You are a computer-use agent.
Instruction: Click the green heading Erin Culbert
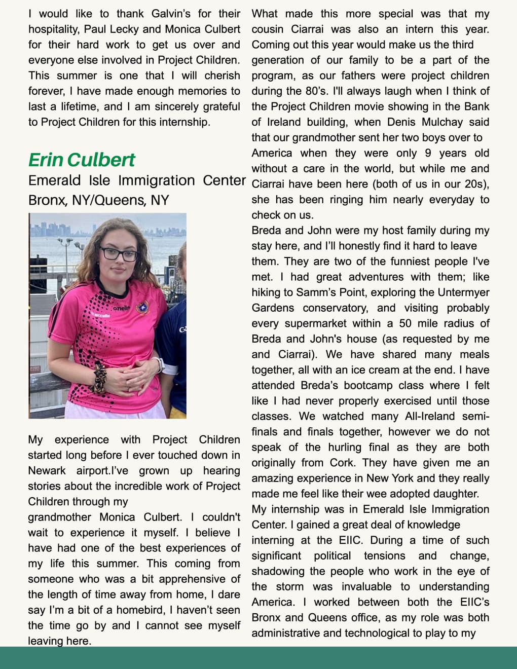pos(82,160)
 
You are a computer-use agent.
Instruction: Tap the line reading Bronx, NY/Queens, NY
pos(98,200)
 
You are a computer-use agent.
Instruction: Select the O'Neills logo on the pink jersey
pos(121,308)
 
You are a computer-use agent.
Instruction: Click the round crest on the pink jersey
pos(143,308)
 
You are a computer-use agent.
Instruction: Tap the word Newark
pos(47,471)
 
